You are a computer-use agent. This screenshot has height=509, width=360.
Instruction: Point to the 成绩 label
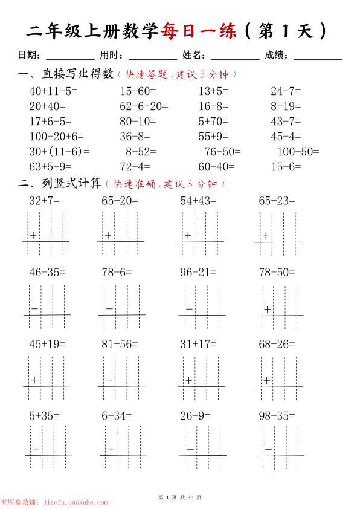[x=277, y=56]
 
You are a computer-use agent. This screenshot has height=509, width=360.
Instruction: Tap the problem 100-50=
[x=298, y=151]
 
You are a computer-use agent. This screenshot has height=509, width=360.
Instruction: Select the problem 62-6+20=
[x=144, y=107]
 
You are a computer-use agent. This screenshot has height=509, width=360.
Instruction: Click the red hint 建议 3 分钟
[x=202, y=75]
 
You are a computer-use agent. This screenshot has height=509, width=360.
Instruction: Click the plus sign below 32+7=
[x=34, y=235]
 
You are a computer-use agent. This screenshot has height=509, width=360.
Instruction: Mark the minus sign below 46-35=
[x=34, y=309]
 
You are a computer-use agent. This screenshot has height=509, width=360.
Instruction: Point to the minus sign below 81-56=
[x=109, y=380]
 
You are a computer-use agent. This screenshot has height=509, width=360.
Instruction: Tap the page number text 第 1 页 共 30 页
[x=180, y=498]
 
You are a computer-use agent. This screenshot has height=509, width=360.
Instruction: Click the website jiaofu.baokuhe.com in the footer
[x=73, y=502]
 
